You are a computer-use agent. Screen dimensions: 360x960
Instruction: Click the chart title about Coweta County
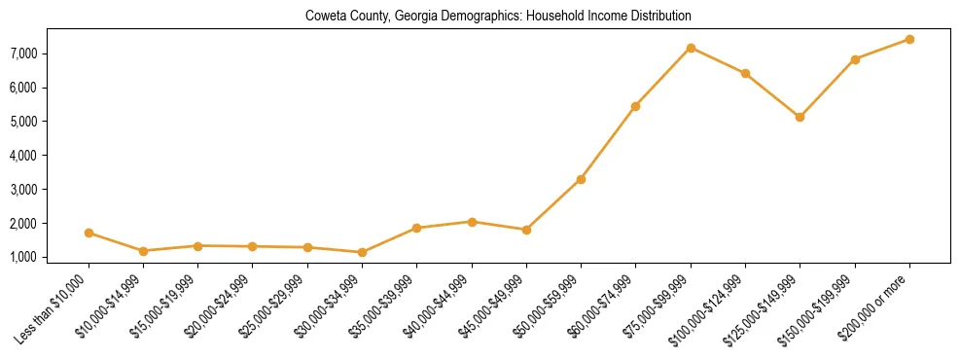(x=498, y=17)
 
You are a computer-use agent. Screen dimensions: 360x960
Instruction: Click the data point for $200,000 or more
(x=909, y=39)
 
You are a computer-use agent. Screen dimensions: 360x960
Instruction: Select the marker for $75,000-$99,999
(x=691, y=48)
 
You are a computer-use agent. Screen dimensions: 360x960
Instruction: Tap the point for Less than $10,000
(x=89, y=233)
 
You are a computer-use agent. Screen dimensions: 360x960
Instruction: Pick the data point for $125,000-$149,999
(x=800, y=117)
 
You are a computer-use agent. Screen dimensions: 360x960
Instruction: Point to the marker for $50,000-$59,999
(x=581, y=179)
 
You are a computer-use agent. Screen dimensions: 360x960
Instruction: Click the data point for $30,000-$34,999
(x=362, y=252)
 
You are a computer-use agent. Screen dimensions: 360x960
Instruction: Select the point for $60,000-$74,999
(x=635, y=106)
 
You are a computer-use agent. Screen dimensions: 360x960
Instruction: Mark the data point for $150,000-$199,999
(x=855, y=59)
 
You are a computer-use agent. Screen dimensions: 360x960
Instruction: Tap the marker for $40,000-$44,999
(x=472, y=222)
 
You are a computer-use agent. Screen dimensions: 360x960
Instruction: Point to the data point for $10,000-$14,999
(x=143, y=251)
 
